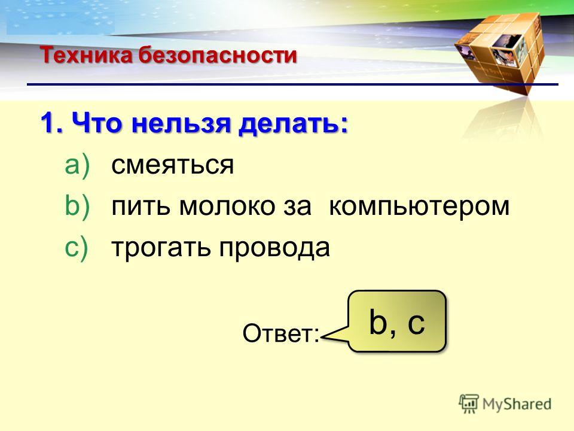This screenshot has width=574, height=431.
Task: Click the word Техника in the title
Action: click(86, 55)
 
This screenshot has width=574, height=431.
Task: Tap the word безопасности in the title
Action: click(218, 55)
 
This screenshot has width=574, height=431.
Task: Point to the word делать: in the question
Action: click(293, 125)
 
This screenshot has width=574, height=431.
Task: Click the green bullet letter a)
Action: click(77, 165)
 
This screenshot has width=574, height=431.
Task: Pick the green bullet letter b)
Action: click(77, 207)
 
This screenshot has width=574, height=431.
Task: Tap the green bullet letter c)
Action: click(77, 247)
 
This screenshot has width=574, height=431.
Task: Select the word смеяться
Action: click(172, 165)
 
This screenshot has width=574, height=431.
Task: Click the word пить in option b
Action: click(141, 207)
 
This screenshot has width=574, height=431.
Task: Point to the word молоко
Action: click(227, 207)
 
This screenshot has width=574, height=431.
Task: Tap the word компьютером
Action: click(419, 208)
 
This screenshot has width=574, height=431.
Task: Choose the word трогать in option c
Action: click(161, 248)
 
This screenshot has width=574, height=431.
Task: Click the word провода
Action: click(274, 249)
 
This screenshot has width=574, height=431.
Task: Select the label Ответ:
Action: click(281, 333)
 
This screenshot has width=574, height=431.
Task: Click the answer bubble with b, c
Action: click(397, 321)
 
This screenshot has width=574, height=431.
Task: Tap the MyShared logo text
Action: click(517, 404)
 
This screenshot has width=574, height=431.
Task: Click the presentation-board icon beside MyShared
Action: click(469, 403)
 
